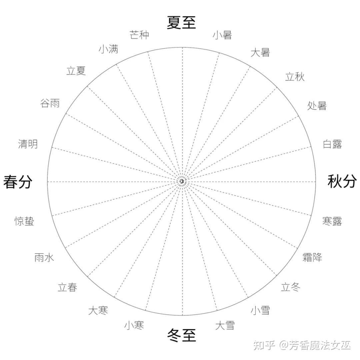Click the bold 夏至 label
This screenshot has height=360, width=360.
pos(181,23)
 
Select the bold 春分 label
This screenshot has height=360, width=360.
pos(18,182)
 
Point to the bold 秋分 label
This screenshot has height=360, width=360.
pos(342,181)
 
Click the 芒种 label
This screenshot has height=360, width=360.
pos(139,35)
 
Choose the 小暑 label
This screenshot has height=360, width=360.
pos(222,35)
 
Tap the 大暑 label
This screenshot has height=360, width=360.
pos(260,53)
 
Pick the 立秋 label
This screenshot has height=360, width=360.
pos(295,77)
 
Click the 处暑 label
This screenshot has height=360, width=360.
pos(317,106)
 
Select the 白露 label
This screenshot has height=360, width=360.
pos(332,144)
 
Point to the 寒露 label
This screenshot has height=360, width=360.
pos(332,221)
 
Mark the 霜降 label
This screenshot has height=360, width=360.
pos(312,257)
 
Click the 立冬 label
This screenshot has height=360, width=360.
pos(291,287)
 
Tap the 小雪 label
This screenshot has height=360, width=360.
pos(260,310)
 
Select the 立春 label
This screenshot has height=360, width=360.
pos(67,287)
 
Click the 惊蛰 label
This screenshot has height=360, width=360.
pos(24,221)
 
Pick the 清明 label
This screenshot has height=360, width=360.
pos(28,144)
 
